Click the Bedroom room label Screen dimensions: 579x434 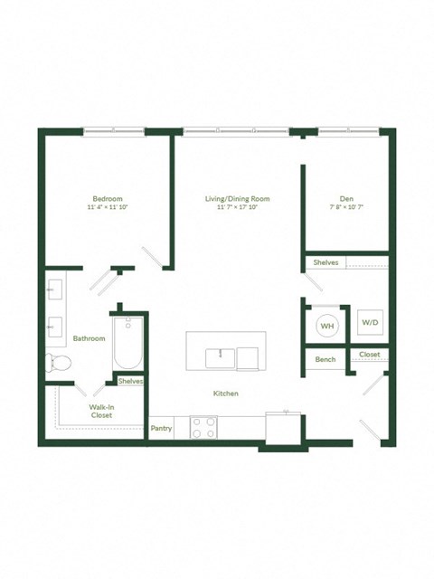(x=107, y=198)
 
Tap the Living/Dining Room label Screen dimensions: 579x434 (x=237, y=198)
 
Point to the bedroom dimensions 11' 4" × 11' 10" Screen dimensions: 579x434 (x=107, y=207)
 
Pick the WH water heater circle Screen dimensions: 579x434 (x=326, y=326)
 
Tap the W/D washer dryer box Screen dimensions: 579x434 (x=371, y=322)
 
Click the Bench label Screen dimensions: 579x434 (x=325, y=359)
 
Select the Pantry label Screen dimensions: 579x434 (x=161, y=428)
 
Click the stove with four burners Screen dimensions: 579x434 (x=203, y=427)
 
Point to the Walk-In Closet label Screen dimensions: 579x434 (x=101, y=413)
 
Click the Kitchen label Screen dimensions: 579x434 (x=225, y=394)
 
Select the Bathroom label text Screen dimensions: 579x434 (x=90, y=338)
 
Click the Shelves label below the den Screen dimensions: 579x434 (x=325, y=262)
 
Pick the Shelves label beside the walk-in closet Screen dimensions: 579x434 (x=130, y=381)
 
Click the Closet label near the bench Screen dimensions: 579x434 (x=370, y=355)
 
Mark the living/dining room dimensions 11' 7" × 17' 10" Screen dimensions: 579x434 (x=237, y=207)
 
